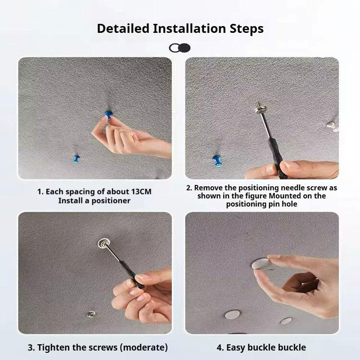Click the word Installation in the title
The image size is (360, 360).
(189, 28)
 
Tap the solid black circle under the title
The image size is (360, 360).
(185, 48)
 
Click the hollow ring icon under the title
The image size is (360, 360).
(175, 48)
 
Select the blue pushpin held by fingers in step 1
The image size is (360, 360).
(108, 115)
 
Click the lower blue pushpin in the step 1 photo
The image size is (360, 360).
(76, 159)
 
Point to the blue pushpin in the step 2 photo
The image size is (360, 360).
(217, 160)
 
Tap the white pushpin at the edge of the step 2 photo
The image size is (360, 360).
(332, 126)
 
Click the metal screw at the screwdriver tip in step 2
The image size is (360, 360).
(260, 108)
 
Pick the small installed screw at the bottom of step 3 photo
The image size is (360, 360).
(91, 313)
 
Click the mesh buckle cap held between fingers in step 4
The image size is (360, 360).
(261, 264)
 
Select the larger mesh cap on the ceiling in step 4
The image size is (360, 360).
(233, 314)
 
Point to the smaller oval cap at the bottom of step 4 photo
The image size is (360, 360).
(286, 321)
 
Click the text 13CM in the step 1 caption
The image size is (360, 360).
(141, 192)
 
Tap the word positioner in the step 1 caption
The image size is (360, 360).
(111, 201)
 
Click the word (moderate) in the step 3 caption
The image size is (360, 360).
(145, 347)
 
